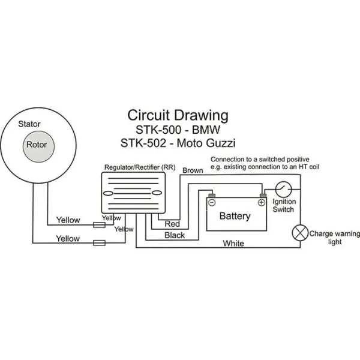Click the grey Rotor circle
click(38, 146)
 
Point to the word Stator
click(29, 124)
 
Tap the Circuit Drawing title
click(178, 116)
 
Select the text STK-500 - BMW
click(178, 130)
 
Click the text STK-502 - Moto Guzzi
click(178, 143)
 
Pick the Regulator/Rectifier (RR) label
click(140, 167)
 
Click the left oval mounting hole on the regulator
click(108, 193)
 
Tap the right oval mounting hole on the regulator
click(157, 193)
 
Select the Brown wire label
click(193, 170)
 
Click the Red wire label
click(172, 224)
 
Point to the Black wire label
click(175, 235)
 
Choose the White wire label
click(233, 244)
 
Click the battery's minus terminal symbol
click(212, 203)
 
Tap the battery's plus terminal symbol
click(262, 203)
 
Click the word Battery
click(235, 216)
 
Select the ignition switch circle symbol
click(284, 190)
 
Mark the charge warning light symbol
click(300, 233)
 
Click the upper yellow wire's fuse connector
click(99, 225)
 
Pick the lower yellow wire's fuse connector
click(99, 243)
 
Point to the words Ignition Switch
click(284, 205)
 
